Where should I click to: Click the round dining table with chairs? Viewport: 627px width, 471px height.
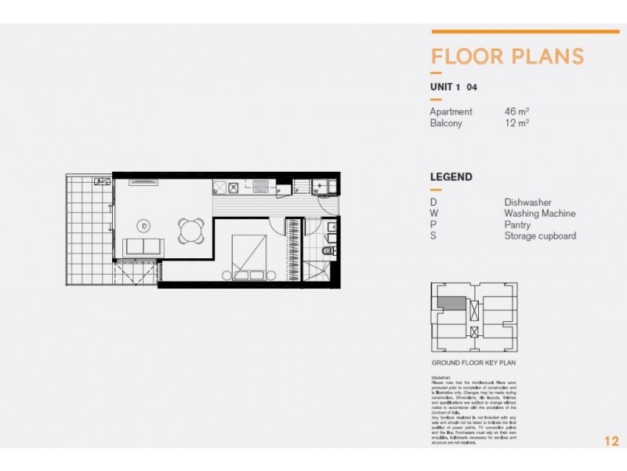click(189, 229)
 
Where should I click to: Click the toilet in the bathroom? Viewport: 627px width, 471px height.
click(328, 250)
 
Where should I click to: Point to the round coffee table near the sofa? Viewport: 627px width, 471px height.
click(145, 224)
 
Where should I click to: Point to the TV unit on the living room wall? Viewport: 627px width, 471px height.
click(143, 182)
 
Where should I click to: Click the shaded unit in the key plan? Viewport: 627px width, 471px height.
click(451, 301)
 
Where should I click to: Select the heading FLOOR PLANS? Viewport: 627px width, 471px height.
click(507, 57)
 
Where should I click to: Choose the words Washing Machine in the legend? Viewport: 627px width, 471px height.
click(539, 214)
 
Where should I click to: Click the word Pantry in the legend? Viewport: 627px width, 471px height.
click(517, 225)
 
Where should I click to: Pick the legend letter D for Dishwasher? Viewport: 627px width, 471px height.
click(433, 203)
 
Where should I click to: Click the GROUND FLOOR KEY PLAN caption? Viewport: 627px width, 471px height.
click(473, 363)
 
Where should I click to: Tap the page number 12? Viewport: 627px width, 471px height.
click(611, 441)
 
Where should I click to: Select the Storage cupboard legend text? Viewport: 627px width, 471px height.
click(540, 235)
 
